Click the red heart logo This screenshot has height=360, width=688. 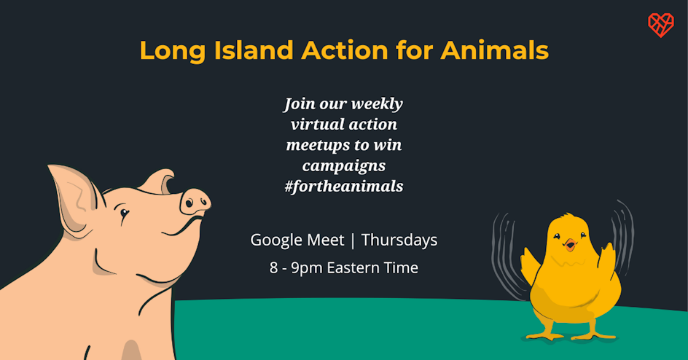coord(661,25)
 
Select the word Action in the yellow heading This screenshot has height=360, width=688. coord(345,50)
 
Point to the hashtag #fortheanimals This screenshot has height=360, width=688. coord(344,187)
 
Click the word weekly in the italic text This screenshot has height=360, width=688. coord(377,104)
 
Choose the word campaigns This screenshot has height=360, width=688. coord(344,166)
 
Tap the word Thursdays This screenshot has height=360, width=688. coord(399,240)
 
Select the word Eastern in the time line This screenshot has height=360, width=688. coord(353,268)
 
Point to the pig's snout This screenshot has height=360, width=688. coord(196,203)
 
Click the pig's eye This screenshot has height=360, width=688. coord(125,213)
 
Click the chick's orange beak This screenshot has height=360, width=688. coord(570,245)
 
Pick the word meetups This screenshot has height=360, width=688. coord(317,146)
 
